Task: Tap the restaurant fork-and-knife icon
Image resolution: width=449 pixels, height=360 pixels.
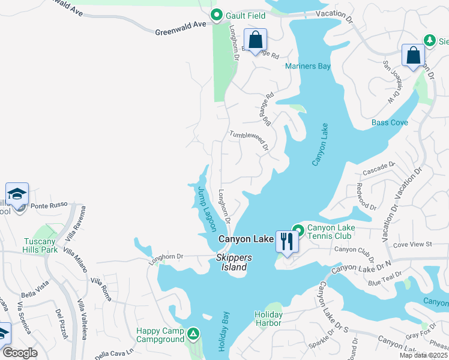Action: pyautogui.click(x=286, y=242)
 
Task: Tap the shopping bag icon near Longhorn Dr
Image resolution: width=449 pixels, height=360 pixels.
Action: pyautogui.click(x=255, y=40)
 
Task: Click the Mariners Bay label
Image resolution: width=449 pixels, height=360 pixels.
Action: pyautogui.click(x=308, y=66)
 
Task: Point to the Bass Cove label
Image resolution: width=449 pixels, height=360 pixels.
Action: pyautogui.click(x=390, y=122)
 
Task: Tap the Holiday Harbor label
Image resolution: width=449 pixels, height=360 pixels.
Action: pyautogui.click(x=268, y=319)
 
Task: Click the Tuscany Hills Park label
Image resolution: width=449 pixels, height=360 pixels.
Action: pyautogui.click(x=40, y=244)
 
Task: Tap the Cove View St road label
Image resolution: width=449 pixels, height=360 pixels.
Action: pyautogui.click(x=412, y=244)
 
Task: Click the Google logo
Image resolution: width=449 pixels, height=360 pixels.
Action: pyautogui.click(x=20, y=353)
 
